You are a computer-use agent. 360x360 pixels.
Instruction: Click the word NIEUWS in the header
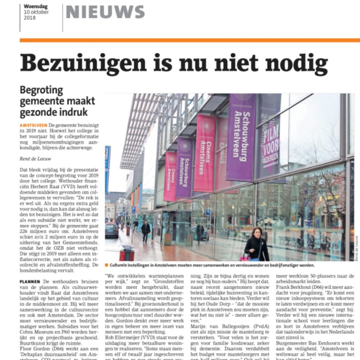(x=105, y=12)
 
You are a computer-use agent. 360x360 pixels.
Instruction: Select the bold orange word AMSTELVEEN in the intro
(x=34, y=124)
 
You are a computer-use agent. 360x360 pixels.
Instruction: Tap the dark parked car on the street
(x=112, y=230)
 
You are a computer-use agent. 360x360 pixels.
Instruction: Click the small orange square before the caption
(x=107, y=265)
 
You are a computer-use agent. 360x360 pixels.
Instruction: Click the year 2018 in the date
(x=30, y=18)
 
